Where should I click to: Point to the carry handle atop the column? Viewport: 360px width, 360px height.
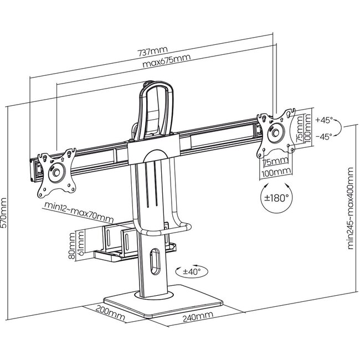(x=156, y=105)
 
